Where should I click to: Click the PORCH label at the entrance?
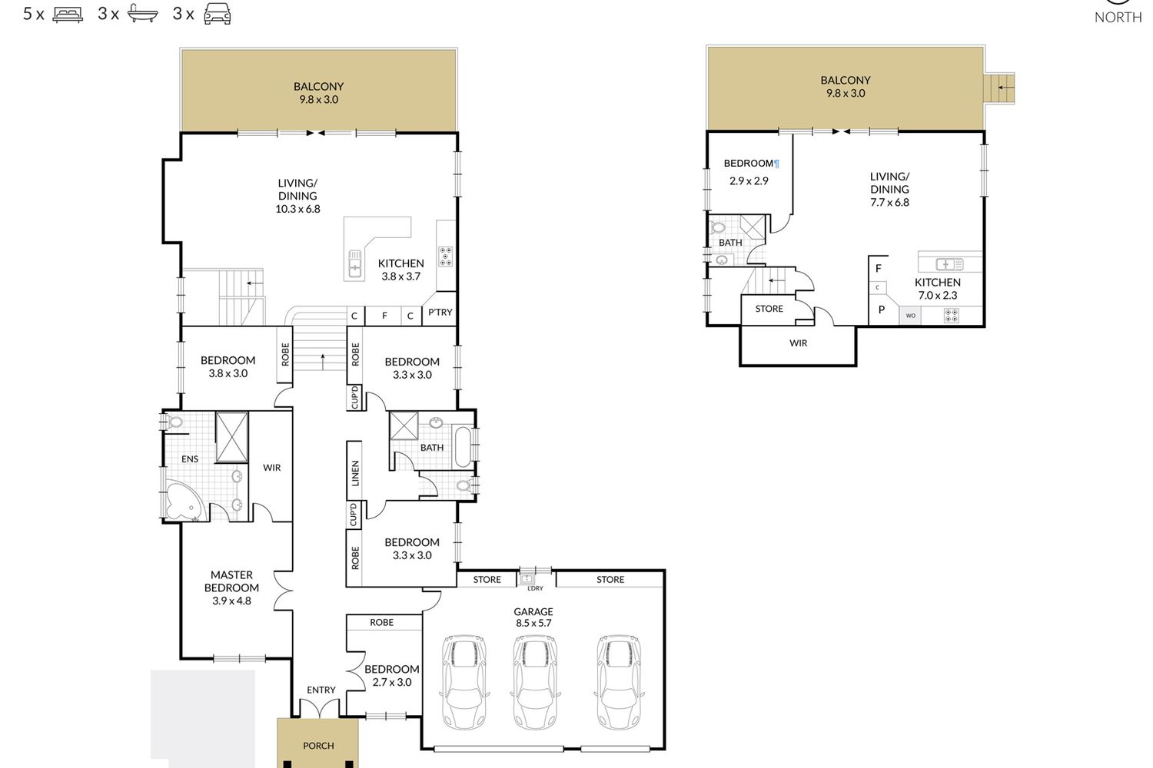pyautogui.click(x=318, y=746)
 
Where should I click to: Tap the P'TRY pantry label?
pyautogui.click(x=440, y=313)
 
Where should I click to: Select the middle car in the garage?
pyautogui.click(x=535, y=682)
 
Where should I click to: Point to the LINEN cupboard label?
pyautogui.click(x=355, y=473)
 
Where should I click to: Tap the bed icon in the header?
pyautogui.click(x=68, y=14)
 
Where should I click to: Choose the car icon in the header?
pyautogui.click(x=218, y=14)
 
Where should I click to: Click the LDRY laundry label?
pyautogui.click(x=535, y=588)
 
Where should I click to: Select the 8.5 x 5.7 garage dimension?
pyautogui.click(x=533, y=623)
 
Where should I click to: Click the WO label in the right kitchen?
pyautogui.click(x=911, y=316)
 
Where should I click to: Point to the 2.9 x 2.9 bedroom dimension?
pyautogui.click(x=749, y=180)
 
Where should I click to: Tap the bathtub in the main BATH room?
pyautogui.click(x=463, y=446)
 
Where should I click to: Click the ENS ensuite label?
pyautogui.click(x=189, y=458)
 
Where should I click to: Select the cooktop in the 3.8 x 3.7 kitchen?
pyautogui.click(x=446, y=257)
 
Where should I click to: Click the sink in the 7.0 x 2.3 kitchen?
pyautogui.click(x=949, y=264)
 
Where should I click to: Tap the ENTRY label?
pyautogui.click(x=321, y=690)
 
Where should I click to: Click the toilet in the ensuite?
pyautogui.click(x=173, y=422)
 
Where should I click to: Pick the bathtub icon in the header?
pyautogui.click(x=142, y=14)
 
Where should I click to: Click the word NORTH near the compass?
pyautogui.click(x=1118, y=18)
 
